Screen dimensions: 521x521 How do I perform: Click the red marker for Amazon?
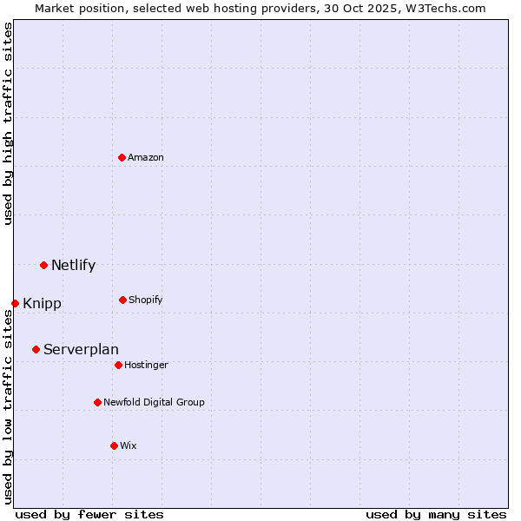pos(122,157)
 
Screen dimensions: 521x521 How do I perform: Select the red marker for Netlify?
pos(43,265)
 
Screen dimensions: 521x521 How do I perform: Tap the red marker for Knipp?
pos(15,303)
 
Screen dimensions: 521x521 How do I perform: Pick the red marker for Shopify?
pos(122,300)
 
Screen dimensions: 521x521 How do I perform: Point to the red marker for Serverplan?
pos(36,349)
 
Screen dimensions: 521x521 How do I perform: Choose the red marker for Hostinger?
pos(118,365)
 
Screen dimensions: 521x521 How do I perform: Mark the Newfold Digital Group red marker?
pos(97,402)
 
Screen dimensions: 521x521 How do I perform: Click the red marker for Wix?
pos(114,445)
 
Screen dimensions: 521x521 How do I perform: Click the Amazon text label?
pos(146,157)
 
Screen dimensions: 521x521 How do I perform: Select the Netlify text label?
pos(73,265)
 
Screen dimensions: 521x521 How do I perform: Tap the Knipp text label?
pos(42,304)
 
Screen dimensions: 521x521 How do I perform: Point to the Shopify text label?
pos(145,300)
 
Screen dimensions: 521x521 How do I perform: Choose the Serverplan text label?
pos(81,349)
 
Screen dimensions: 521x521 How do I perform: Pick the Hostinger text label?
pos(146,365)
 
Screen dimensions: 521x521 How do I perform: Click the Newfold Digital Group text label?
pos(154,402)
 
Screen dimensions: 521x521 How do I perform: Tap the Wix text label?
pos(129,445)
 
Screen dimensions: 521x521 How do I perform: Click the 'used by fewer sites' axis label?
pos(89,514)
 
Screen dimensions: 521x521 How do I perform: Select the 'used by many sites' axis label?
pos(436,514)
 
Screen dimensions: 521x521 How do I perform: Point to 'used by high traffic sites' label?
pos(8,123)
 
